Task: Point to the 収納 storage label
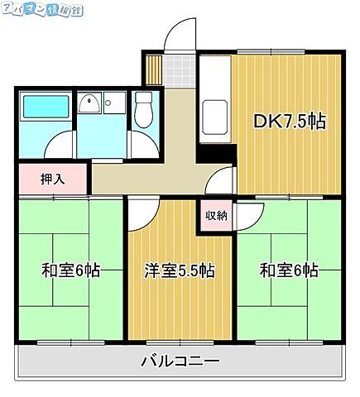(x=216, y=216)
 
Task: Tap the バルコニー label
(x=180, y=361)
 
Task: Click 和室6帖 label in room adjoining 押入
(x=71, y=270)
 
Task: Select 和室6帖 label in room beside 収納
(x=289, y=270)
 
